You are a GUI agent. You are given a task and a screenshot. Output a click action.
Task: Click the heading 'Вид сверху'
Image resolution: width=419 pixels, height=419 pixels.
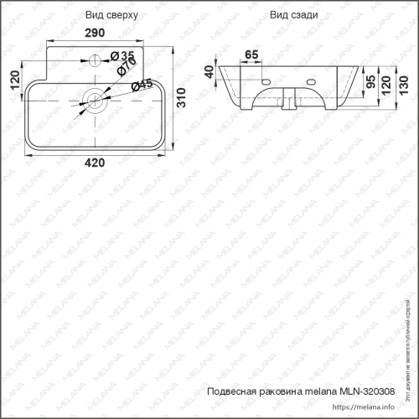106,16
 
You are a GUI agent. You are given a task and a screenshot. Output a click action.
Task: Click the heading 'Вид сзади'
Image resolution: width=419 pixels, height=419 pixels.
290,16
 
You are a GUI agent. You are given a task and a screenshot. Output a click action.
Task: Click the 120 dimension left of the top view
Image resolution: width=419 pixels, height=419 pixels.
13,80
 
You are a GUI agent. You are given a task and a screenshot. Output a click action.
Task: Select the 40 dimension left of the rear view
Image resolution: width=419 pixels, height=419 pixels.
209,72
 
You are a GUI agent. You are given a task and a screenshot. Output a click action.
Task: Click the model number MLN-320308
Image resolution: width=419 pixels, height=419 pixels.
368,391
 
